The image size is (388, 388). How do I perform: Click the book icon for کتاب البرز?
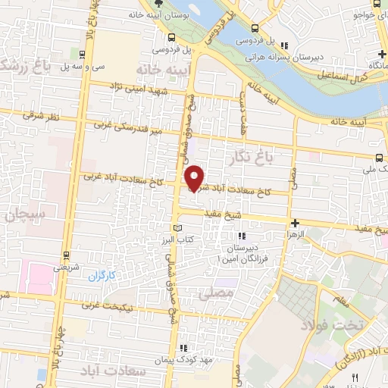(x=178, y=228)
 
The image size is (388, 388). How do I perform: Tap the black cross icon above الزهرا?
(x=296, y=224)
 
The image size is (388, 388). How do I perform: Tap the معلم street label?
(x=343, y=302)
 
